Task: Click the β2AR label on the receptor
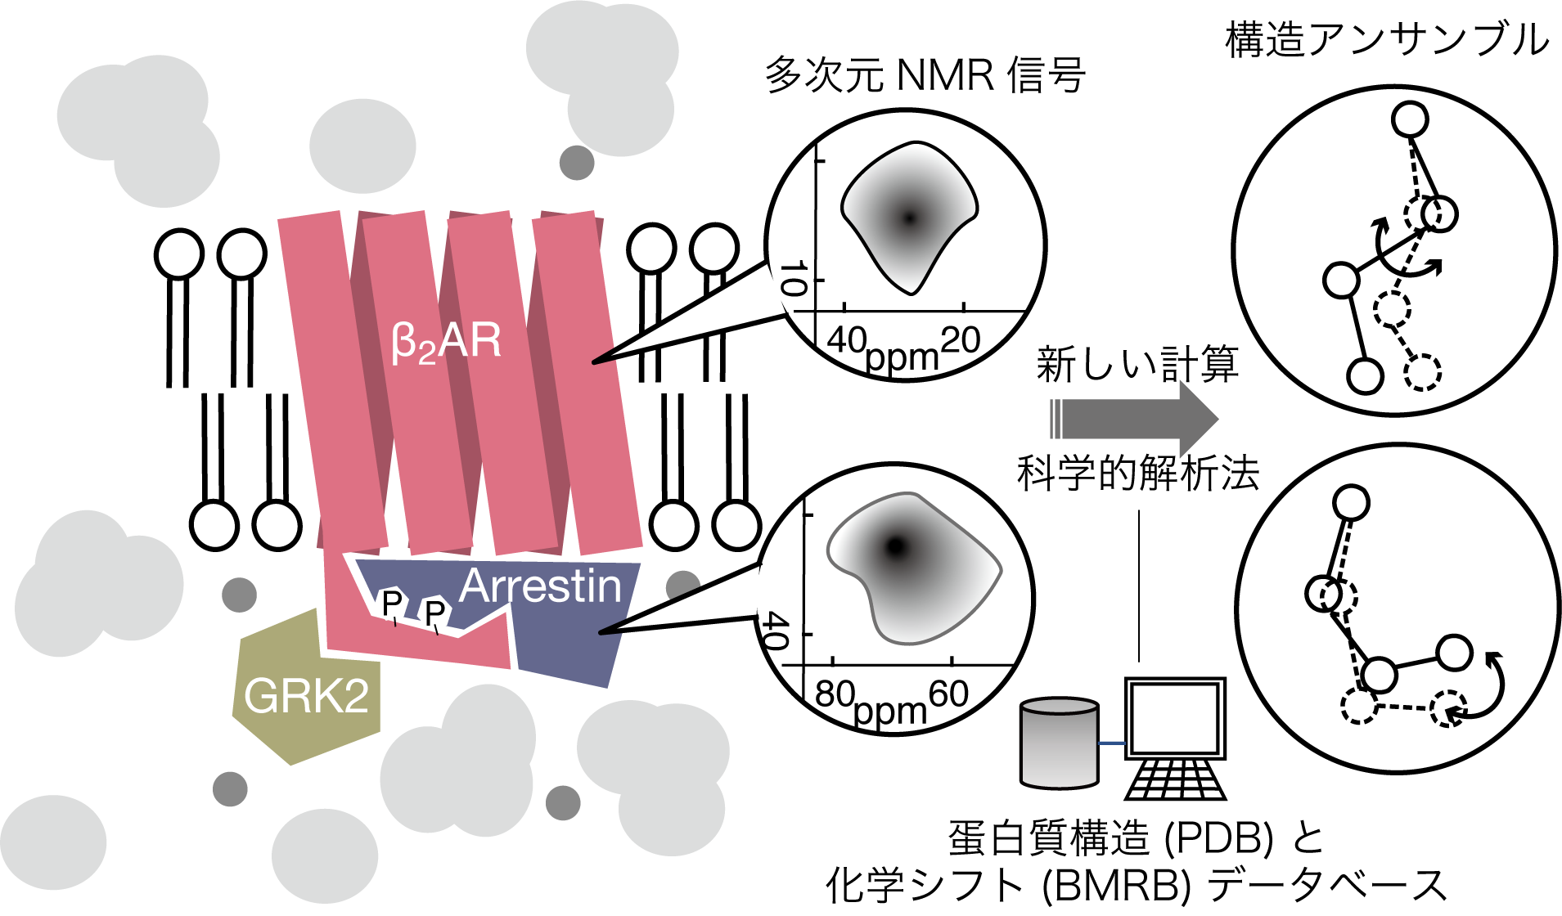pos(446,342)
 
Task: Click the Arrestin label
pos(540,586)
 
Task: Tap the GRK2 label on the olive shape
pos(306,696)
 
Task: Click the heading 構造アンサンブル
pos(1386,39)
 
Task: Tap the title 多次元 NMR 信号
pos(925,75)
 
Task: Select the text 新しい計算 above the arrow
pos(1137,364)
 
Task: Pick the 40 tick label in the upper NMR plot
pos(847,339)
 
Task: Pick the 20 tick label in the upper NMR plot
pos(961,339)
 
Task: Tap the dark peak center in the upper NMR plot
pos(908,218)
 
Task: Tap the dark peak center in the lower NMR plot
pos(897,546)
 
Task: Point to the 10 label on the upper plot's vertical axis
pos(793,279)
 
